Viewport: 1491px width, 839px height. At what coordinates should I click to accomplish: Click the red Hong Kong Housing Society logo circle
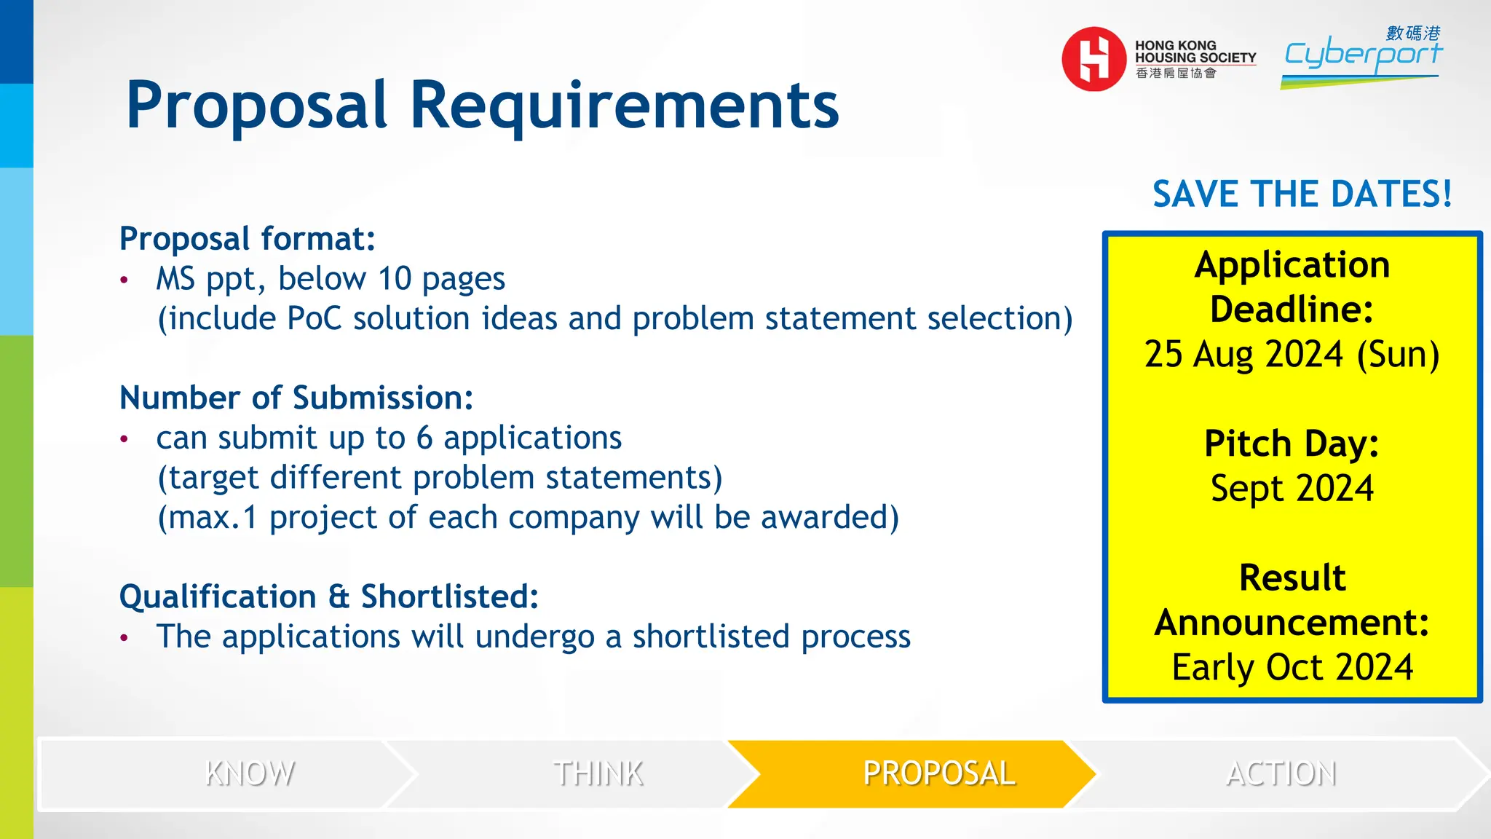pos(1093,59)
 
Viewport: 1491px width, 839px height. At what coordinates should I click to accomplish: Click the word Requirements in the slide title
pos(624,105)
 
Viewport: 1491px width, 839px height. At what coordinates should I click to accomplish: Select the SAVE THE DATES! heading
pos(1302,194)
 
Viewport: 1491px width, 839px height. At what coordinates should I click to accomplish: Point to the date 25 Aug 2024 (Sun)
pos(1292,355)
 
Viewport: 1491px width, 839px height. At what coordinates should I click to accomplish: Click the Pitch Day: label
pos(1292,444)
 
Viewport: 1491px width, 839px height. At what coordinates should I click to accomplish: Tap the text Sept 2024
pos(1292,488)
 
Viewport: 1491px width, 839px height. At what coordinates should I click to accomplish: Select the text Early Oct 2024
pos(1292,667)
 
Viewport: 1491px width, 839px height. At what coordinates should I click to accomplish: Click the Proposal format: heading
pos(248,239)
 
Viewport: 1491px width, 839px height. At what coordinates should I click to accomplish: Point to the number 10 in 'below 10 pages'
pos(395,279)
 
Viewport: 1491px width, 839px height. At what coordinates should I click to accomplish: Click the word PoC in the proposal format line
pos(314,319)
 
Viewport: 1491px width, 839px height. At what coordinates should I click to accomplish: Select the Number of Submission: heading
pos(296,398)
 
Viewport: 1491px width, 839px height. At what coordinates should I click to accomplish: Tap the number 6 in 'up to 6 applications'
pos(424,438)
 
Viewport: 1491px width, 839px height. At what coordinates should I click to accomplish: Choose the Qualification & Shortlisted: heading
pos(329,596)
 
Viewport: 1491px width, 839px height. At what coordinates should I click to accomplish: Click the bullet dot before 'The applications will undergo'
pos(124,638)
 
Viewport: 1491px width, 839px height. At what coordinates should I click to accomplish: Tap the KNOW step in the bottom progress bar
pos(250,773)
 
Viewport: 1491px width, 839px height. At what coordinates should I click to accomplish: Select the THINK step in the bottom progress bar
pos(598,773)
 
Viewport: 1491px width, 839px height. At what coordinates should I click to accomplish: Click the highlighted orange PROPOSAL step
pos(938,773)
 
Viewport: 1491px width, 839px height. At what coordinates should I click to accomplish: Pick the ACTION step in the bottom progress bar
pos(1281,773)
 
